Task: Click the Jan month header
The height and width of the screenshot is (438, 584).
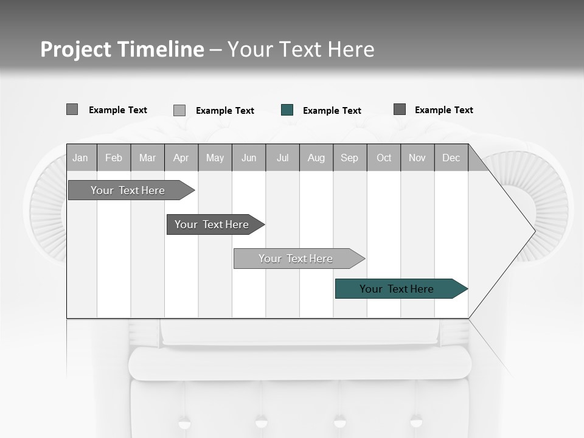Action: click(x=80, y=158)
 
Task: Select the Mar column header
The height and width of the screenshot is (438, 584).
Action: click(x=147, y=158)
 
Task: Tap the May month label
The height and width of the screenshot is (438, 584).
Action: click(x=215, y=158)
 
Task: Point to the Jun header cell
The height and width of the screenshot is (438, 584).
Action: click(x=249, y=158)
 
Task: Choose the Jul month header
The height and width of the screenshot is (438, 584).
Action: click(x=282, y=158)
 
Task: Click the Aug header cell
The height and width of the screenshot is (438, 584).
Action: click(x=316, y=158)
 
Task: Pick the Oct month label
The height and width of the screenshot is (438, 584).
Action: click(x=384, y=158)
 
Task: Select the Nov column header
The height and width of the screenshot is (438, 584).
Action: click(x=417, y=158)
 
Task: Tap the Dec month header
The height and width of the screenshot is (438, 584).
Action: click(x=451, y=158)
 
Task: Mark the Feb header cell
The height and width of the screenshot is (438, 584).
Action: click(x=114, y=158)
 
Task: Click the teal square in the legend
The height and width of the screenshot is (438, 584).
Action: click(x=287, y=110)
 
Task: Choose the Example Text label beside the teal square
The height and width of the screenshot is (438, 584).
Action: click(x=332, y=111)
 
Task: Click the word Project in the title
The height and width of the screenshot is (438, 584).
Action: click(x=75, y=49)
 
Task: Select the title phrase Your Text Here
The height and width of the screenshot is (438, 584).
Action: click(x=301, y=49)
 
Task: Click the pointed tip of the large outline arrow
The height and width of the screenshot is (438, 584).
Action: click(x=534, y=231)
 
